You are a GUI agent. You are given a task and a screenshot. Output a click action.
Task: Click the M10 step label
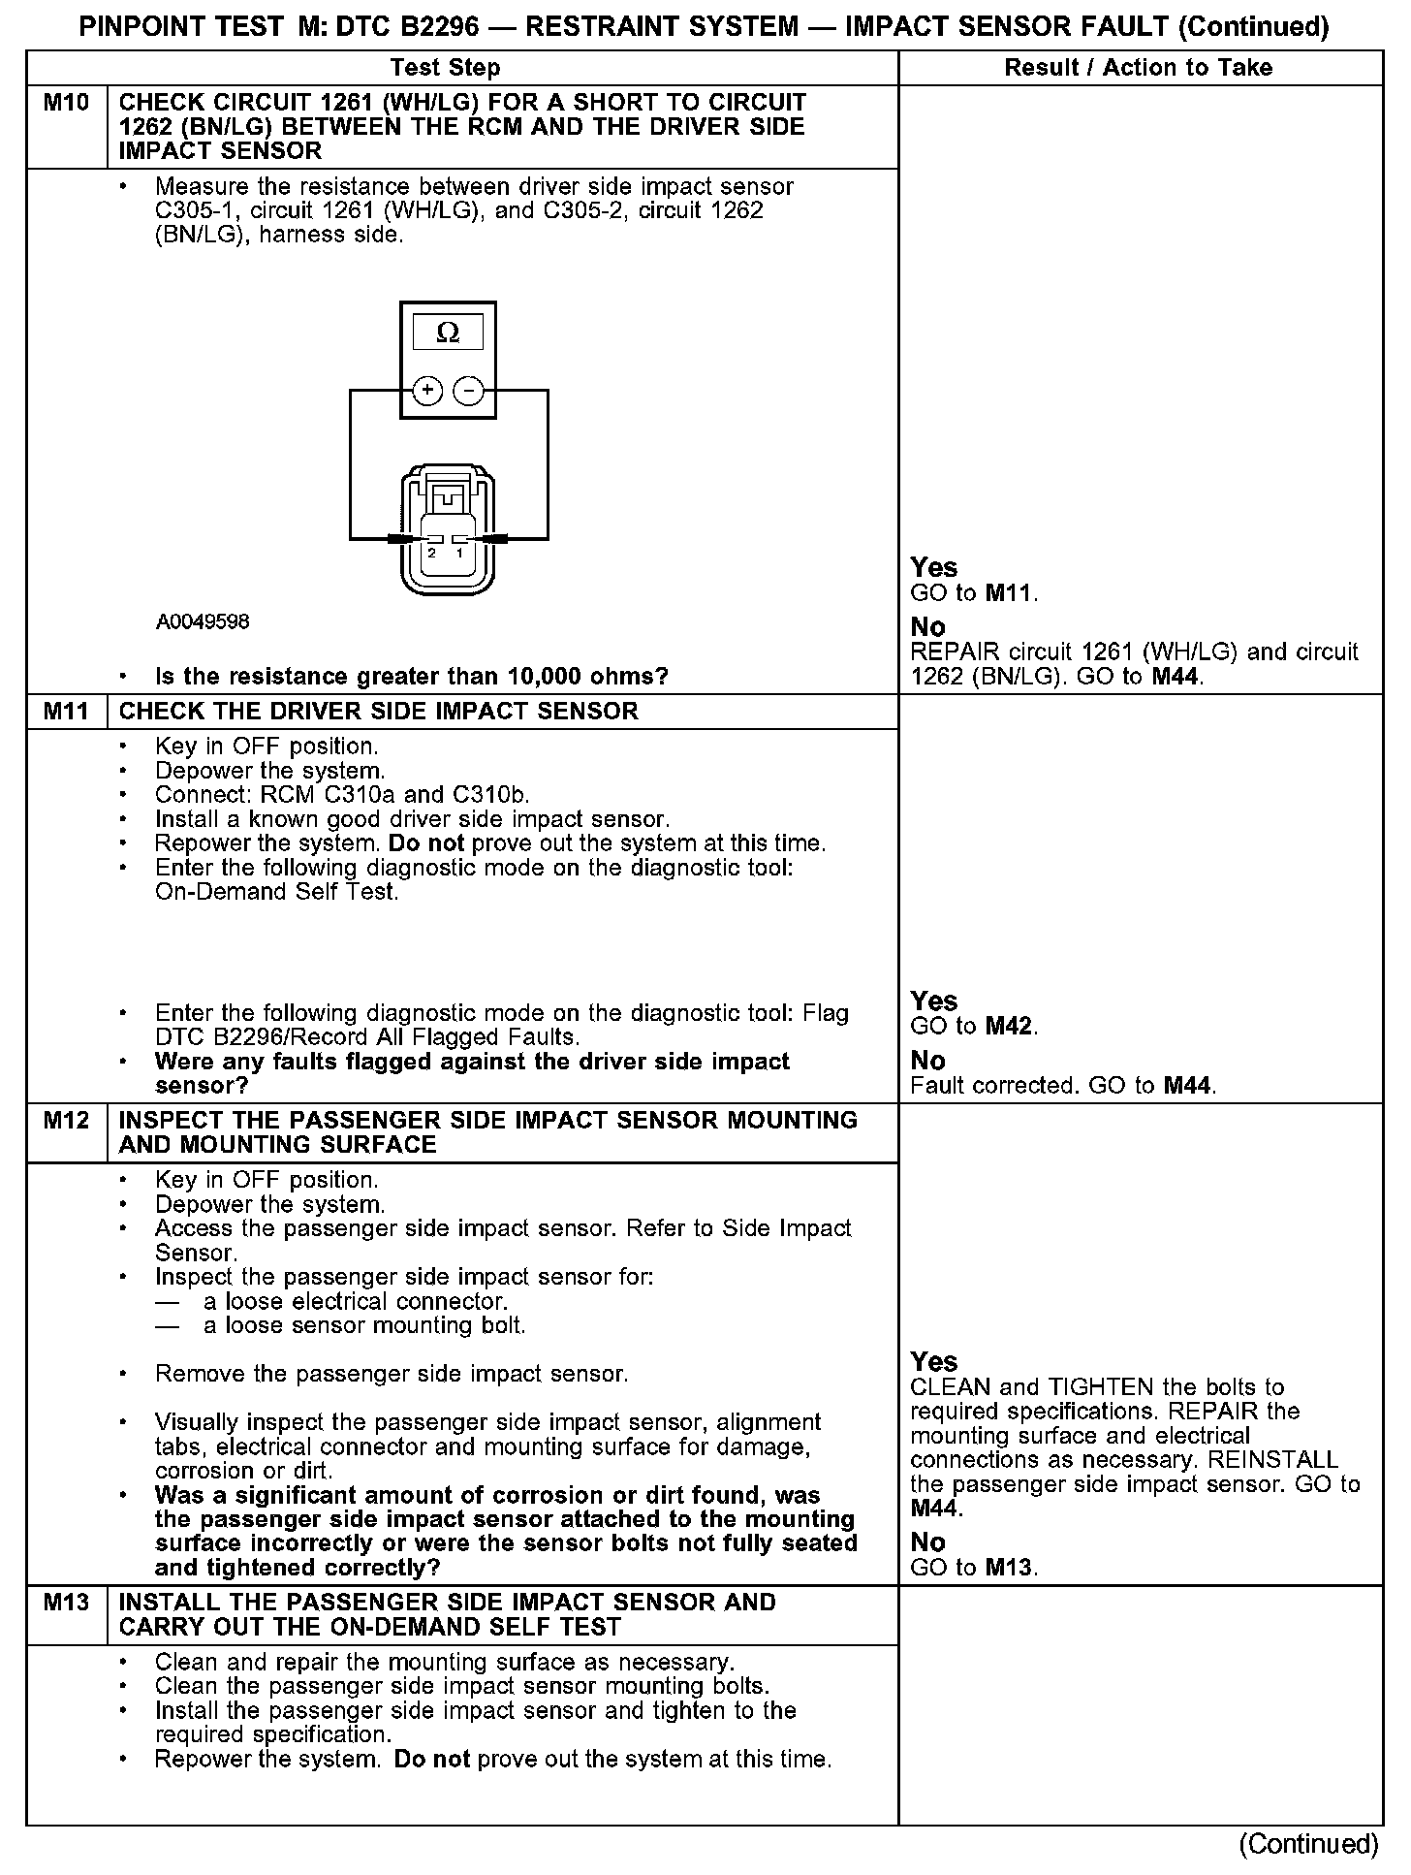click(66, 103)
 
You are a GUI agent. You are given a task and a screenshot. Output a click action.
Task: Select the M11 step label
click(66, 712)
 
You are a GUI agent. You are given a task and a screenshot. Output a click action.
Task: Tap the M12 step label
click(66, 1121)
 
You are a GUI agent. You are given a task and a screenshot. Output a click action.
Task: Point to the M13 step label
click(66, 1603)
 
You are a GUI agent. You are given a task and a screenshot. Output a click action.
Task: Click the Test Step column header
click(446, 68)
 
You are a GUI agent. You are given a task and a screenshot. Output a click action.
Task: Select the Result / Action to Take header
click(1139, 68)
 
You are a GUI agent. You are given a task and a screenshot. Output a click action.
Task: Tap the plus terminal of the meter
click(427, 391)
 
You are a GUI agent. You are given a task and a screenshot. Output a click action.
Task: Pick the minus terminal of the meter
click(469, 391)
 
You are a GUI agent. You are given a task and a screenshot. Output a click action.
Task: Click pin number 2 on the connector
click(432, 553)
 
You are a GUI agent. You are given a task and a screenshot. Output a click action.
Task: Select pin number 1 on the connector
click(460, 553)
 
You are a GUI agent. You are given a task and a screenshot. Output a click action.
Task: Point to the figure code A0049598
click(203, 621)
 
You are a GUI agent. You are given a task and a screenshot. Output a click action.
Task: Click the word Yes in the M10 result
click(934, 568)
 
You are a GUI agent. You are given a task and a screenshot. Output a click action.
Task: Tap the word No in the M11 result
click(927, 1061)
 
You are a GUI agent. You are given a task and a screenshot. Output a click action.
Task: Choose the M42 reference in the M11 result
click(1010, 1027)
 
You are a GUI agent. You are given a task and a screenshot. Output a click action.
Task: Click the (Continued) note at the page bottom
click(1308, 1844)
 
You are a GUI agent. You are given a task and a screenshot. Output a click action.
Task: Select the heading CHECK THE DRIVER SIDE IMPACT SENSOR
click(378, 712)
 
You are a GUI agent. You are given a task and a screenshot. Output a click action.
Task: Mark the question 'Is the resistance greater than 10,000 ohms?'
click(412, 677)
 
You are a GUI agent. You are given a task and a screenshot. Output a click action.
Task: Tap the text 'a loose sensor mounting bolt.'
click(364, 1325)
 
